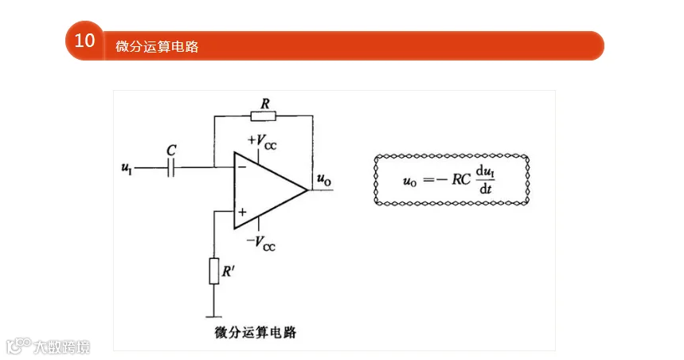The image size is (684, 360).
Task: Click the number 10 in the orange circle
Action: pos(84,41)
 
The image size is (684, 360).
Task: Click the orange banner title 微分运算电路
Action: pos(157,46)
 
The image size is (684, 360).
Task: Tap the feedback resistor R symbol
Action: pos(264,115)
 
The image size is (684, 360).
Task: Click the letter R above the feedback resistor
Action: pos(265,104)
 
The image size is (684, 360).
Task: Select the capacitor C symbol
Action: pos(171,167)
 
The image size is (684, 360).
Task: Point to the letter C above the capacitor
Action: pos(171,150)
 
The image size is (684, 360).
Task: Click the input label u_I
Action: pos(127,168)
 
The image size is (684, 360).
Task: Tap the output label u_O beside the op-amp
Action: pos(324,179)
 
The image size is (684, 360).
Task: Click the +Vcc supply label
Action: pos(262,142)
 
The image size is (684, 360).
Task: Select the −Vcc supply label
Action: pos(261,243)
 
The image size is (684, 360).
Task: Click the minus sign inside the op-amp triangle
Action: pos(242,166)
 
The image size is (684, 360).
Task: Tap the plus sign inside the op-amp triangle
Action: pos(242,212)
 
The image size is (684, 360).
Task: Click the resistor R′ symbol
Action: pos(213,271)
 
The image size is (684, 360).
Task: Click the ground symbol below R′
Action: pos(213,317)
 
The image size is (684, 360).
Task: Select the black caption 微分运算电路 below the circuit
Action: pos(255,332)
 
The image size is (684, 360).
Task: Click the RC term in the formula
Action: pos(461,179)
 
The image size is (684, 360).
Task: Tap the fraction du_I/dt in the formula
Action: pos(485,179)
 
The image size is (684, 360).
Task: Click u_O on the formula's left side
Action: pos(409,181)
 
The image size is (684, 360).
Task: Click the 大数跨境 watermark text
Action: pos(62,347)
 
